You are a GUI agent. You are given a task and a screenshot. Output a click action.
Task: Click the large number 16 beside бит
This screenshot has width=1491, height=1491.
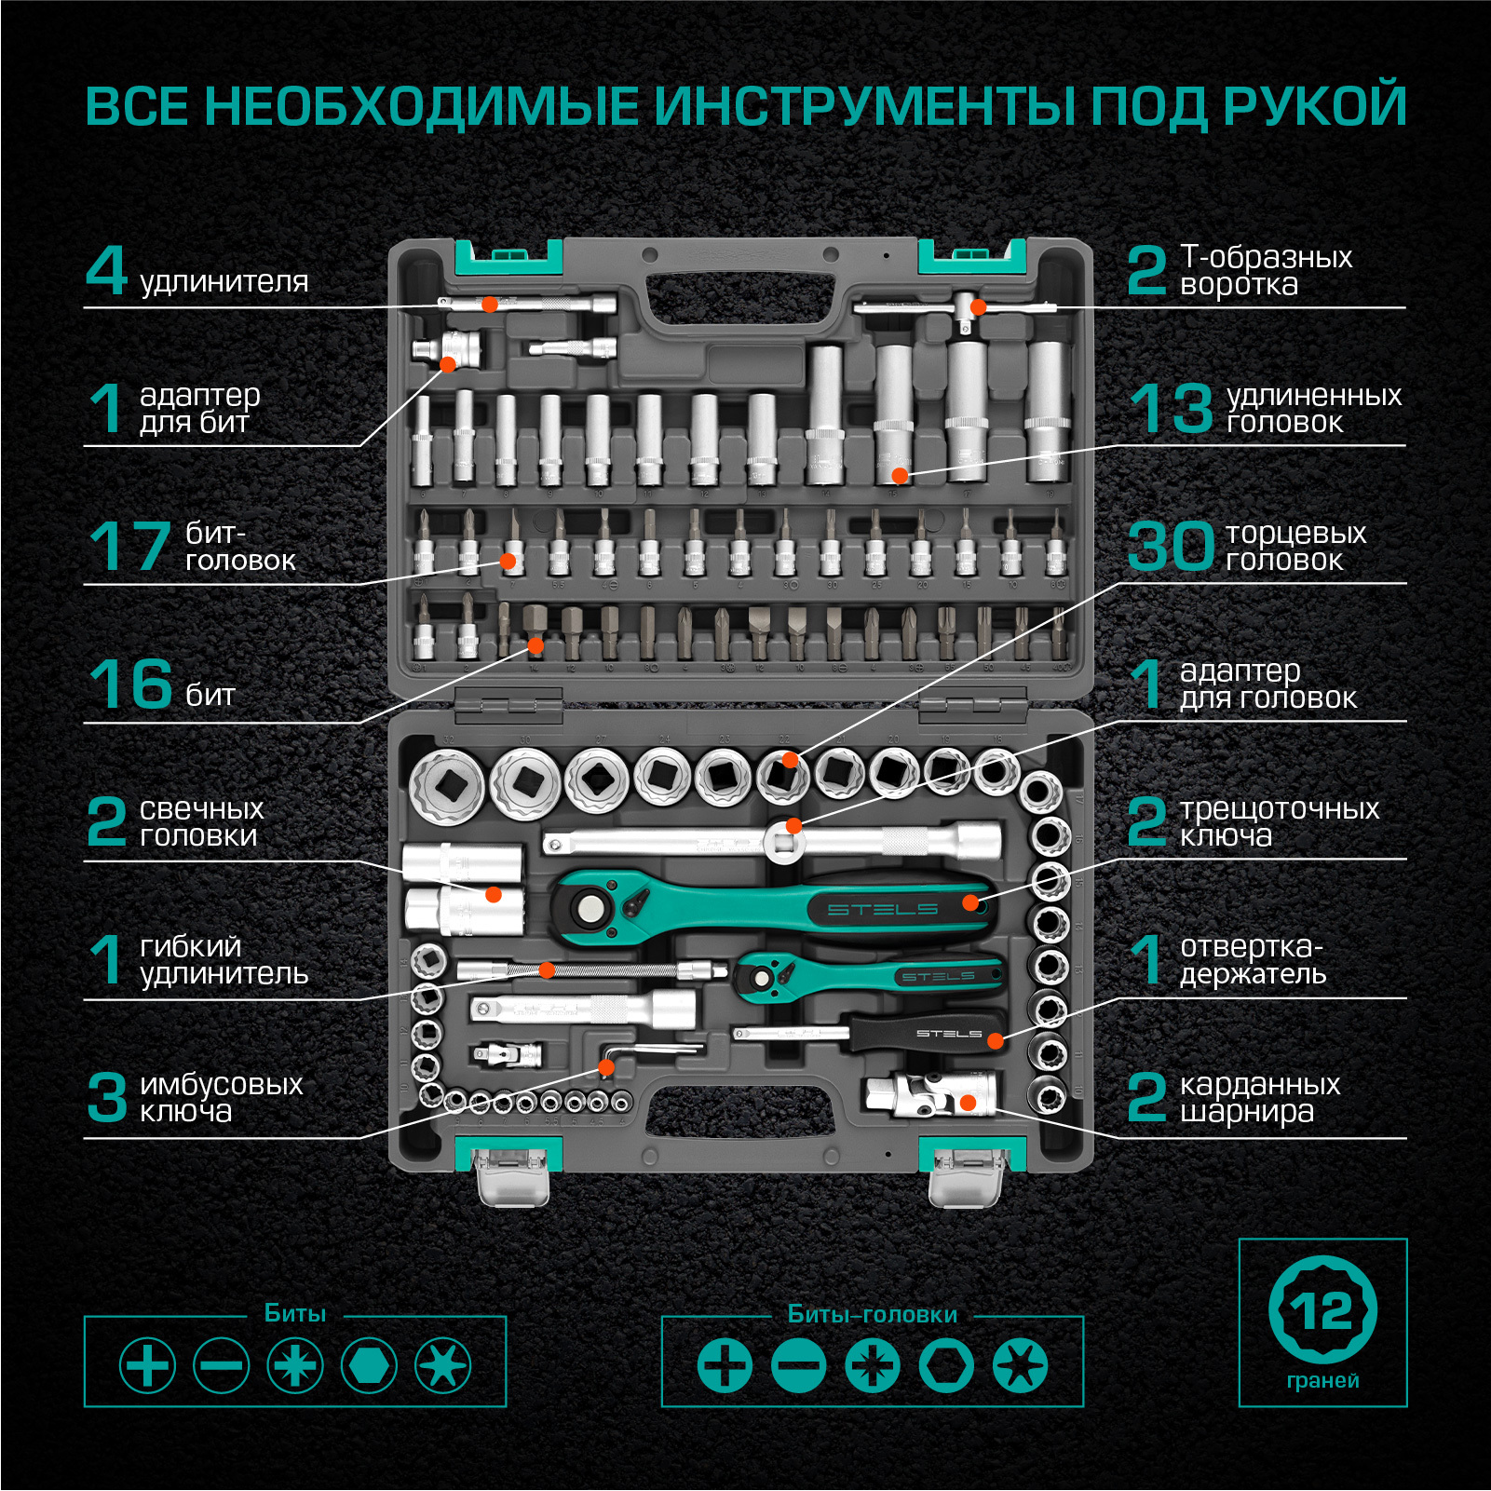pyautogui.click(x=130, y=684)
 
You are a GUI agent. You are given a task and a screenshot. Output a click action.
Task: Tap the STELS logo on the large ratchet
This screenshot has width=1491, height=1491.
pyautogui.click(x=882, y=909)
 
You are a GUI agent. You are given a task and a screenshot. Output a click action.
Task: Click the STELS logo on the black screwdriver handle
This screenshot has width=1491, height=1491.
pyautogui.click(x=949, y=1034)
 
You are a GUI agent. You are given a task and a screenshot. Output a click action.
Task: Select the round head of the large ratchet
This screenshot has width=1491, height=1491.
pyautogui.click(x=589, y=905)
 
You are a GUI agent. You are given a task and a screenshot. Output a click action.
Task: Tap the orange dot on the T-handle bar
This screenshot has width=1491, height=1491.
pyautogui.click(x=978, y=306)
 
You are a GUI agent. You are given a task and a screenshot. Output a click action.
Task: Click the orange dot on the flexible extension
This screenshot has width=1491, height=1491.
pyautogui.click(x=547, y=970)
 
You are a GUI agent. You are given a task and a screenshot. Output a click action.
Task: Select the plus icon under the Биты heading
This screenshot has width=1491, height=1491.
pyautogui.click(x=147, y=1366)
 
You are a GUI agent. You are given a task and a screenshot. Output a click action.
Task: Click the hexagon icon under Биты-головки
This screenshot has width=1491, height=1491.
pyautogui.click(x=946, y=1366)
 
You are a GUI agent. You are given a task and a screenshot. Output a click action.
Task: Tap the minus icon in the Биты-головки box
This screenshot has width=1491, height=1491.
pyautogui.click(x=799, y=1366)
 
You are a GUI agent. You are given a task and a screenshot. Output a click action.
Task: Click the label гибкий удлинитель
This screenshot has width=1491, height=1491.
pyautogui.click(x=224, y=960)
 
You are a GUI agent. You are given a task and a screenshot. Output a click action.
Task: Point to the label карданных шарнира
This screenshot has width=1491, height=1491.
pyautogui.click(x=1260, y=1098)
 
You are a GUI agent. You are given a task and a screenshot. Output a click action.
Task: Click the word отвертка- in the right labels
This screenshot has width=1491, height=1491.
pyautogui.click(x=1252, y=946)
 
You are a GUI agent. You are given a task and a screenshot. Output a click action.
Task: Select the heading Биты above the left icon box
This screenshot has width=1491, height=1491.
pyautogui.click(x=295, y=1313)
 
